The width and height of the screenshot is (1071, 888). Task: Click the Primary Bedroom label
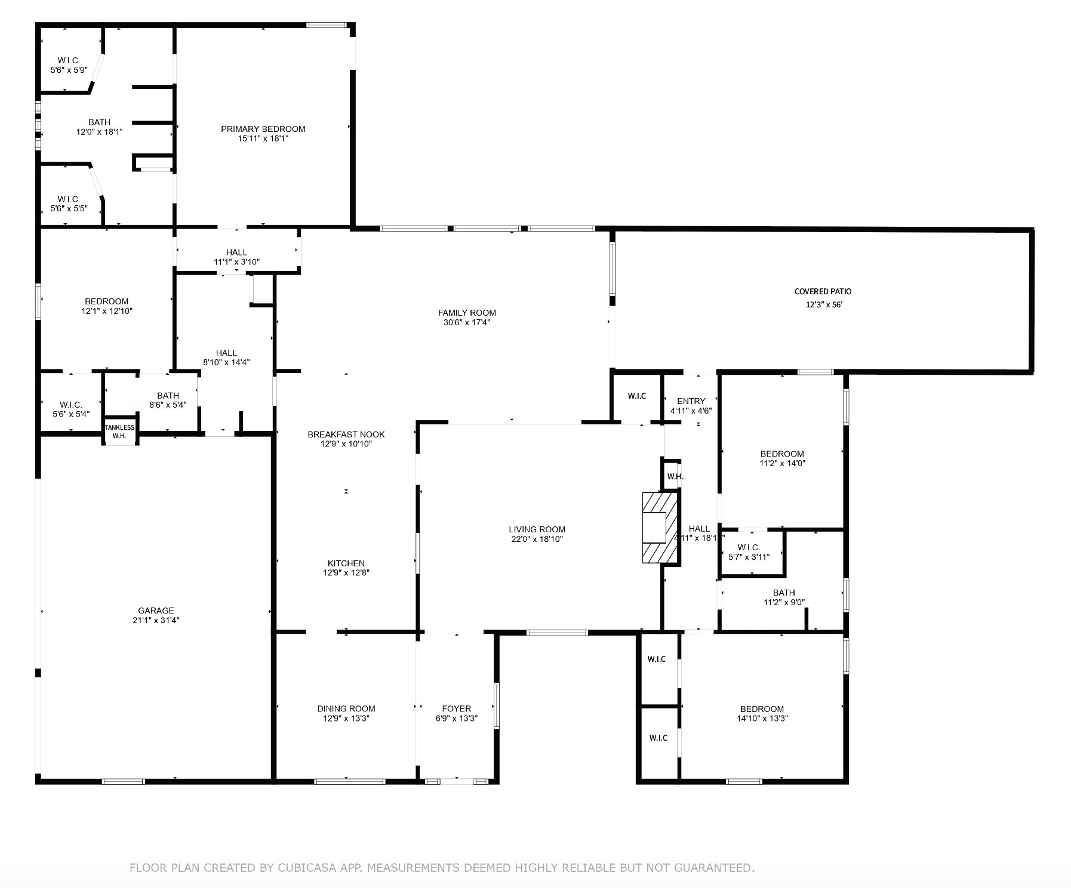click(x=263, y=129)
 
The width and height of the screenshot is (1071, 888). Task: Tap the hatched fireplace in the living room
click(x=660, y=528)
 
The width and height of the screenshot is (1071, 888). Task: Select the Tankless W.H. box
click(x=120, y=431)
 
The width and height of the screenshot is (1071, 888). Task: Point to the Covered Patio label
click(x=823, y=292)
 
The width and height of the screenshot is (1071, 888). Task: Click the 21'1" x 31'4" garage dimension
click(x=156, y=621)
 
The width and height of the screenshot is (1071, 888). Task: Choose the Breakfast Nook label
click(x=346, y=434)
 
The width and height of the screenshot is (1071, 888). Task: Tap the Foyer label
click(x=457, y=709)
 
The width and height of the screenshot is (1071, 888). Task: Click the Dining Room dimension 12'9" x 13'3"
click(x=346, y=719)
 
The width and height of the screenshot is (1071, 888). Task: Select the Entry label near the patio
click(x=691, y=401)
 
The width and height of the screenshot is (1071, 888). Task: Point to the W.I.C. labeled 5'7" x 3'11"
click(x=749, y=552)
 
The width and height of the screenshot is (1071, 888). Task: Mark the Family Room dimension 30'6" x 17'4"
click(x=467, y=323)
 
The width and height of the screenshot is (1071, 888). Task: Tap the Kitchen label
click(x=346, y=563)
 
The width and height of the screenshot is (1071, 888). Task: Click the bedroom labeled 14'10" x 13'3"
click(x=762, y=714)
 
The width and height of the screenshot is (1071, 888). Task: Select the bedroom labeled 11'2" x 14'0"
click(x=782, y=458)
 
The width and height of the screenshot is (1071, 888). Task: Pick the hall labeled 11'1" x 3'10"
click(x=236, y=257)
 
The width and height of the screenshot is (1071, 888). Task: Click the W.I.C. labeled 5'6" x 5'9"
click(x=69, y=65)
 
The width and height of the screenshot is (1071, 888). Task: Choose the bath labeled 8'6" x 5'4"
click(x=168, y=400)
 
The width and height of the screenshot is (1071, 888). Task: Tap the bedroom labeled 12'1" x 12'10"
click(x=106, y=306)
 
